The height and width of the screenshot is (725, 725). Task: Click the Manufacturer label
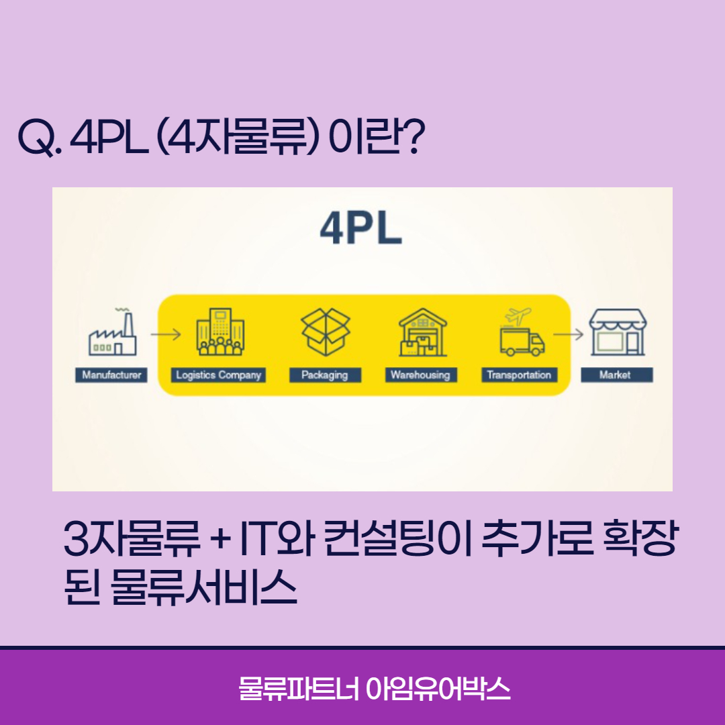coord(111,375)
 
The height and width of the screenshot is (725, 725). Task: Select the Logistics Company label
coord(218,375)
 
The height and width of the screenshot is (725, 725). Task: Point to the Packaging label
coord(325,375)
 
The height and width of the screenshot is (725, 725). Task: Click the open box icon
coord(326,332)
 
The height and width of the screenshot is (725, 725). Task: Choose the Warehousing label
coord(420,375)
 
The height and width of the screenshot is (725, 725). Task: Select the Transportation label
coord(519,375)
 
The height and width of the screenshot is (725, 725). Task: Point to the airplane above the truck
coord(518,315)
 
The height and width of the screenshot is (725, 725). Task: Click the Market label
coord(616,375)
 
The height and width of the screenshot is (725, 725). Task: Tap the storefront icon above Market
coord(618,333)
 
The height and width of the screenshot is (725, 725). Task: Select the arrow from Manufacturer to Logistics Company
coord(166,333)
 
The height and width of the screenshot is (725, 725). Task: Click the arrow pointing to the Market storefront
coord(567,333)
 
